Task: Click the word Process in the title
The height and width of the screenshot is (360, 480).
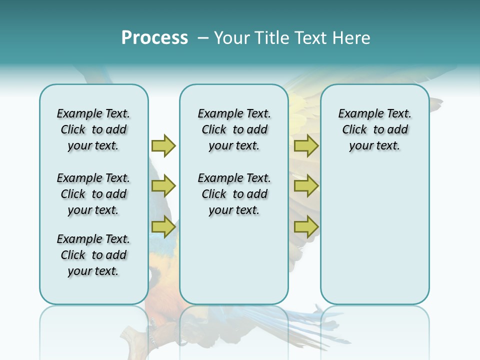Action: tap(154, 38)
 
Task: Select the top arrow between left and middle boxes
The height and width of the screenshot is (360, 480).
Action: tap(163, 145)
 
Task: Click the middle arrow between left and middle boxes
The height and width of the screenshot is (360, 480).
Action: tap(163, 186)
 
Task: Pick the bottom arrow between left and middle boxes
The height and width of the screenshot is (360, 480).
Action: tap(163, 227)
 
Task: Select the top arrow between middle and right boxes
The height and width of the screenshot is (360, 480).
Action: tap(306, 145)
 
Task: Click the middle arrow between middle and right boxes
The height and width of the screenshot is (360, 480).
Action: tap(306, 186)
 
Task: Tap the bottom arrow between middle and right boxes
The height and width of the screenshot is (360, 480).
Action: tap(306, 227)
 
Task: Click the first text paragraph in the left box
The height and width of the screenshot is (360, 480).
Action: tap(93, 129)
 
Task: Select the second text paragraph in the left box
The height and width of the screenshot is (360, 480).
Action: tap(93, 194)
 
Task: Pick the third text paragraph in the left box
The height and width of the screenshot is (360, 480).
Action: tap(93, 255)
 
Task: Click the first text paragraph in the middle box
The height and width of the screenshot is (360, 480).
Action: tap(234, 129)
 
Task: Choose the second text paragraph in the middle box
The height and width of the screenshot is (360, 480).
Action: tap(234, 194)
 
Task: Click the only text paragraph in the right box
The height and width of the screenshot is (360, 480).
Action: tap(374, 129)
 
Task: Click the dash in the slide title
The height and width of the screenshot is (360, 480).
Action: tap(203, 38)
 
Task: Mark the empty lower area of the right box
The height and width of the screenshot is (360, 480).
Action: tap(374, 235)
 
